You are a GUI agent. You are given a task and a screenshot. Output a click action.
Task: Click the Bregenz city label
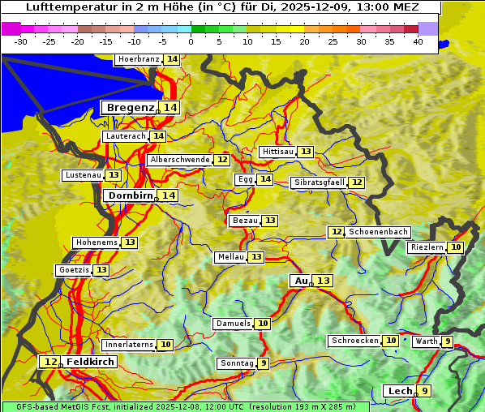(130, 108)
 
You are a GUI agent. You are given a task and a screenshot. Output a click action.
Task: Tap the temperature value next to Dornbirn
(168, 195)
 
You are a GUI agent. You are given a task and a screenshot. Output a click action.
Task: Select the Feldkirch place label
(90, 362)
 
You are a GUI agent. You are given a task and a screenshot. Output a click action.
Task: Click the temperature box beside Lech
(424, 391)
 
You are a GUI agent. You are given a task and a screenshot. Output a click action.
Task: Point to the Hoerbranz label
(139, 60)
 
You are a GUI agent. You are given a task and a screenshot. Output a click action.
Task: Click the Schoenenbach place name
(378, 232)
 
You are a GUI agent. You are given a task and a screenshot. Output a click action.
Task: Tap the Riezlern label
(427, 247)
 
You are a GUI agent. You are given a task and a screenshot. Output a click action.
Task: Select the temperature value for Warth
(448, 341)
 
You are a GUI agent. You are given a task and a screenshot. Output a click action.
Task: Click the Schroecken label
(354, 341)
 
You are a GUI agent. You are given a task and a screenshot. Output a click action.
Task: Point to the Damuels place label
(233, 324)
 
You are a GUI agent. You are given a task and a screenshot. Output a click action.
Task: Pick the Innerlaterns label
(129, 345)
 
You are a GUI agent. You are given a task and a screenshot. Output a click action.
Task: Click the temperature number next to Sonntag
(264, 363)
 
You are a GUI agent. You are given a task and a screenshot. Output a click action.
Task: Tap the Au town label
(301, 281)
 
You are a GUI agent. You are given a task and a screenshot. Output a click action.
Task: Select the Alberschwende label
(180, 160)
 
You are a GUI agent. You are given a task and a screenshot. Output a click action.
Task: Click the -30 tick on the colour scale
(21, 41)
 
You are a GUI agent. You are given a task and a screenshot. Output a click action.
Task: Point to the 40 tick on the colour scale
(418, 41)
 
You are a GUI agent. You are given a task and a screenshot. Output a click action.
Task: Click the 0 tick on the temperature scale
(191, 41)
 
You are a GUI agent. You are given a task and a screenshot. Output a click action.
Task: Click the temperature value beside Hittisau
(306, 152)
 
